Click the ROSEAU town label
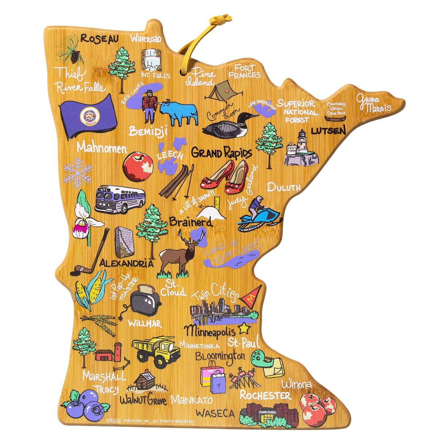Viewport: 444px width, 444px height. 99,38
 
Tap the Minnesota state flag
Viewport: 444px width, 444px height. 89,115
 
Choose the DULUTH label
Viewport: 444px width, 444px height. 284,188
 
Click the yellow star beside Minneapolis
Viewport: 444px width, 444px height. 244,329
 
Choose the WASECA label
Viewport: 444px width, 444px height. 215,413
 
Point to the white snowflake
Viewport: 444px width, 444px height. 78,173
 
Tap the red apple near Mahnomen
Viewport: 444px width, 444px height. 138,167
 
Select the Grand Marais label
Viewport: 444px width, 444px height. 374,103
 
